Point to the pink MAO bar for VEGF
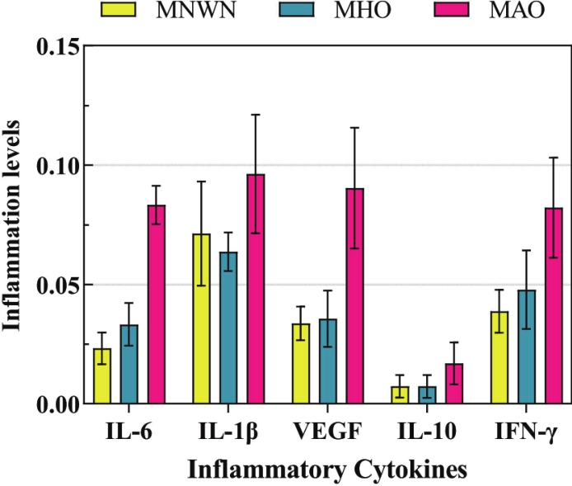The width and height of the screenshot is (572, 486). point(354,297)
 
